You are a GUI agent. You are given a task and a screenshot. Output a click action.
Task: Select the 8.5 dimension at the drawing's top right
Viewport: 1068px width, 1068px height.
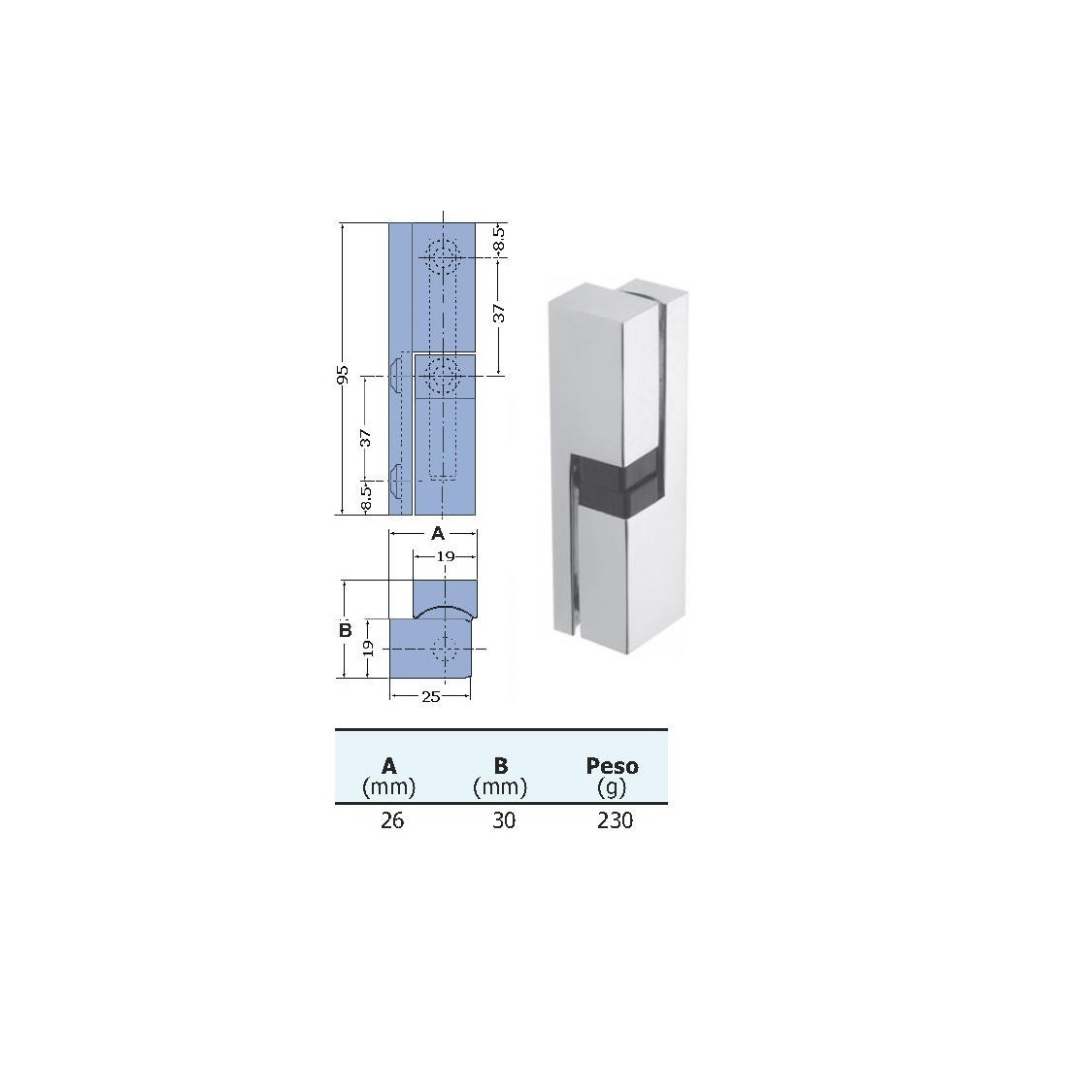click(x=498, y=239)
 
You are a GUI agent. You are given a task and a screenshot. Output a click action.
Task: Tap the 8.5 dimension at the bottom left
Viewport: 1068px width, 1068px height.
click(x=366, y=497)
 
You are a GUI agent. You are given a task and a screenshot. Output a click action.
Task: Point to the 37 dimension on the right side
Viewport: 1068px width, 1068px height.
click(x=498, y=313)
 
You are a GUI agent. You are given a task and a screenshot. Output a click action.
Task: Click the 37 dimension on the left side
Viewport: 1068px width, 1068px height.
click(x=366, y=437)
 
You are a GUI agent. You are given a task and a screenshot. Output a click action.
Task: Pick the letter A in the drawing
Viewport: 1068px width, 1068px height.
click(x=437, y=533)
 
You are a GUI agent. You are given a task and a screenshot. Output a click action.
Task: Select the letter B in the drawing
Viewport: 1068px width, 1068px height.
click(x=345, y=630)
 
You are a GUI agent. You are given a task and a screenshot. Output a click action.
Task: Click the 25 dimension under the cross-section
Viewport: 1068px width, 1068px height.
click(x=431, y=697)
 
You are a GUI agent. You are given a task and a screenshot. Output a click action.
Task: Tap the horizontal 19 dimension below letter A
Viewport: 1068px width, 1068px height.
click(x=445, y=556)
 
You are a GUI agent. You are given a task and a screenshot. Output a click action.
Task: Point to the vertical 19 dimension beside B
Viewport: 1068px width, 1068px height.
click(x=369, y=651)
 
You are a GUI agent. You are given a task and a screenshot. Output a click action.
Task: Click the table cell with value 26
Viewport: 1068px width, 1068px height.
click(x=392, y=821)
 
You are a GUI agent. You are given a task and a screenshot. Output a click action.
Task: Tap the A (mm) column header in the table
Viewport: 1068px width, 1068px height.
click(x=389, y=775)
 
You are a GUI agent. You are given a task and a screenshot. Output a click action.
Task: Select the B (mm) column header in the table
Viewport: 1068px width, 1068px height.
click(x=500, y=775)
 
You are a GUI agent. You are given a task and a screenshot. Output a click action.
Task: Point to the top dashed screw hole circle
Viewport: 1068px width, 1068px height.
click(x=444, y=257)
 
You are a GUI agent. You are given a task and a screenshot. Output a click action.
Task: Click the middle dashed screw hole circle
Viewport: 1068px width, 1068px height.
click(x=444, y=375)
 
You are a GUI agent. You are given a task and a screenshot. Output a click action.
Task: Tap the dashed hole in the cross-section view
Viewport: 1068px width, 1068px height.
click(x=446, y=650)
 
